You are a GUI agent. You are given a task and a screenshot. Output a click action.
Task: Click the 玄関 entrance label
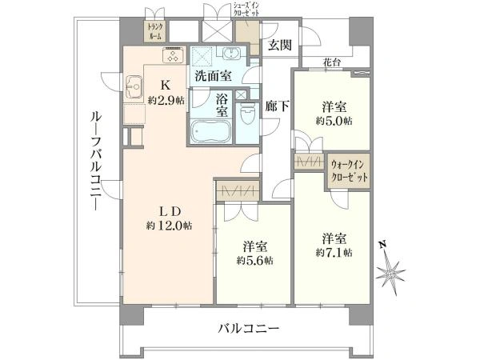[x=279, y=45]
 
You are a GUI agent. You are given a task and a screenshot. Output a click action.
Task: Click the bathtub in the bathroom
[x=210, y=131]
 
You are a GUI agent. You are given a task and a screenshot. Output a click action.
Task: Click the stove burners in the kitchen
[x=172, y=55]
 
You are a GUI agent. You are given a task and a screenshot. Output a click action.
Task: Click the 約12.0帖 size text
[x=169, y=226]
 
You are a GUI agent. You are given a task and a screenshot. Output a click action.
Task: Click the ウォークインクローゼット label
[x=350, y=171]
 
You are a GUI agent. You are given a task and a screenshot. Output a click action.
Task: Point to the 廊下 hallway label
[x=277, y=105]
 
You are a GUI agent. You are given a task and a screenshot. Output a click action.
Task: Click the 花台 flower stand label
[x=333, y=60]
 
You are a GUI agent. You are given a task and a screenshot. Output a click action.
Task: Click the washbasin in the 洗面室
[x=232, y=55]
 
